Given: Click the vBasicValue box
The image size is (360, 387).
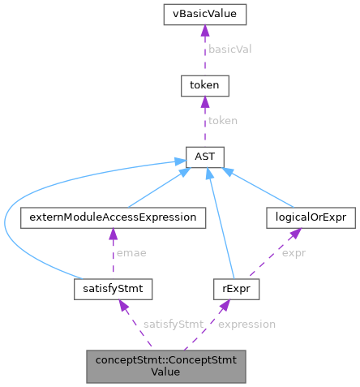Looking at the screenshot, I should [x=205, y=14].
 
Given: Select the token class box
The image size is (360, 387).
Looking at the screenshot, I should [x=205, y=84].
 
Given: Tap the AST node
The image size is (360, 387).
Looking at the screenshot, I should [x=205, y=153].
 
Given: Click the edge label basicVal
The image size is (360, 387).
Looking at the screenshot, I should [x=230, y=49].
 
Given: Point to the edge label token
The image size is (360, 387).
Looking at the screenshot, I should [x=223, y=119].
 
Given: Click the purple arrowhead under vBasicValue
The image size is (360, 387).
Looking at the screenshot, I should [x=205, y=30].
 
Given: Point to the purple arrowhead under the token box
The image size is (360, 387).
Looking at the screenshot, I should [x=205, y=100].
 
